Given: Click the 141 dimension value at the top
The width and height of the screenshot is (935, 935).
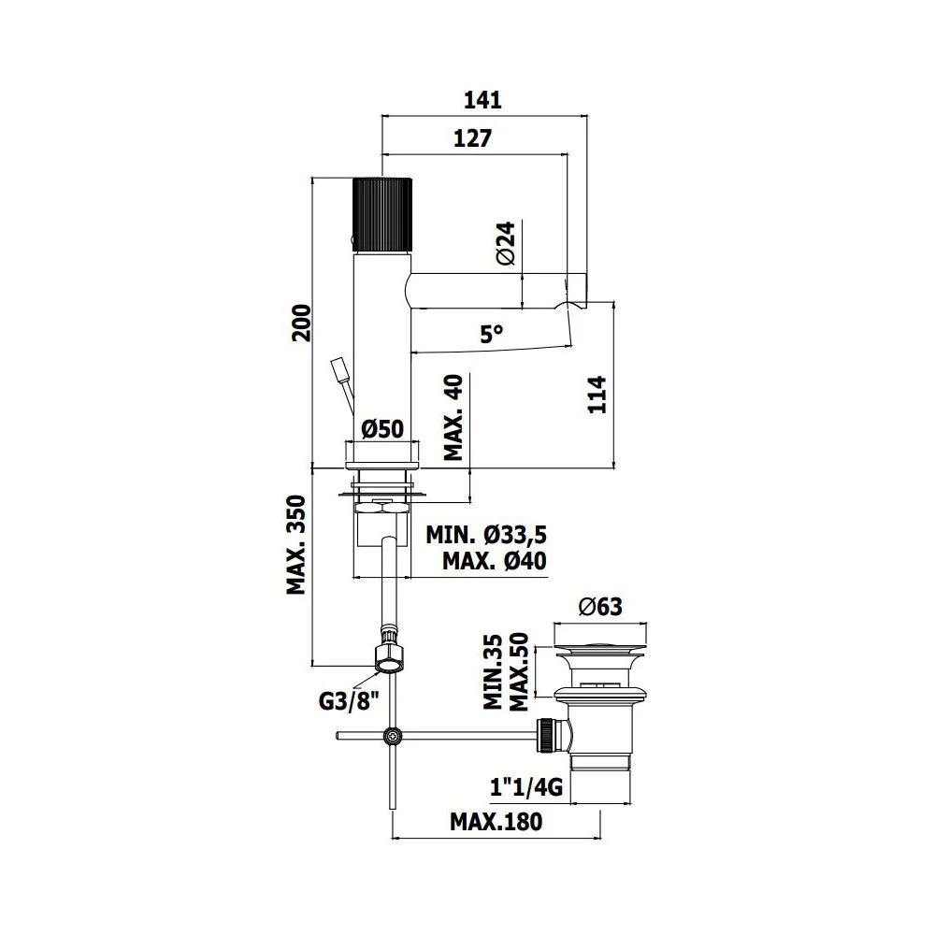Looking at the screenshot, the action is coord(482,100).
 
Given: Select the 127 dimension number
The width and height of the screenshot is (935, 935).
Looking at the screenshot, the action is coord(472,138).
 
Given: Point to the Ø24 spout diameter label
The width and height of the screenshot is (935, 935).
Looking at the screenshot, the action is coord(505,243).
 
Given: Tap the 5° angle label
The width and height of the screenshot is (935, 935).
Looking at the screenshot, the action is coord(492,334).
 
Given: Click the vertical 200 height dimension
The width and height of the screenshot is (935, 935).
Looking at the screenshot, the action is coord(302,323).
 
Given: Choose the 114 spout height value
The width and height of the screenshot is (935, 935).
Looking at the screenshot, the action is coord(597,395).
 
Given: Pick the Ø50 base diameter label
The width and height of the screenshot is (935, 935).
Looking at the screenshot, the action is coord(382,429).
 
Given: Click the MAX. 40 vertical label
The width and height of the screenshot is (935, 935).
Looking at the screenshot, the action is coord(453,417).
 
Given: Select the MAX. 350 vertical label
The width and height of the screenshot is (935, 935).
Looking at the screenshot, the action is coord(295,544).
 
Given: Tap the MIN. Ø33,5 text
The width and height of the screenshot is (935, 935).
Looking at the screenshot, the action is coord(486,535).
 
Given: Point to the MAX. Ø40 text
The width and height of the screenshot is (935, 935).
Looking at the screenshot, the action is coord(495,561).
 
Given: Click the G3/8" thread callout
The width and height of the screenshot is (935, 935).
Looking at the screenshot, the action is coord(349,700).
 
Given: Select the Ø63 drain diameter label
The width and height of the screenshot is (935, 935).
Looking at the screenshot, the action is coord(600,607).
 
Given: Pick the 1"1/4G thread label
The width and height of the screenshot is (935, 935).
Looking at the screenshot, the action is coord(525,787).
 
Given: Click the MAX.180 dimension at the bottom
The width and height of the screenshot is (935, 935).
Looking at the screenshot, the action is coord(496,822).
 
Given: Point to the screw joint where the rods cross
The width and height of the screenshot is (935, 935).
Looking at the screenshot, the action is coord(393,736).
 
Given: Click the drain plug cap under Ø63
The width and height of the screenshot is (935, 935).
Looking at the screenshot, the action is coord(600,647).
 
